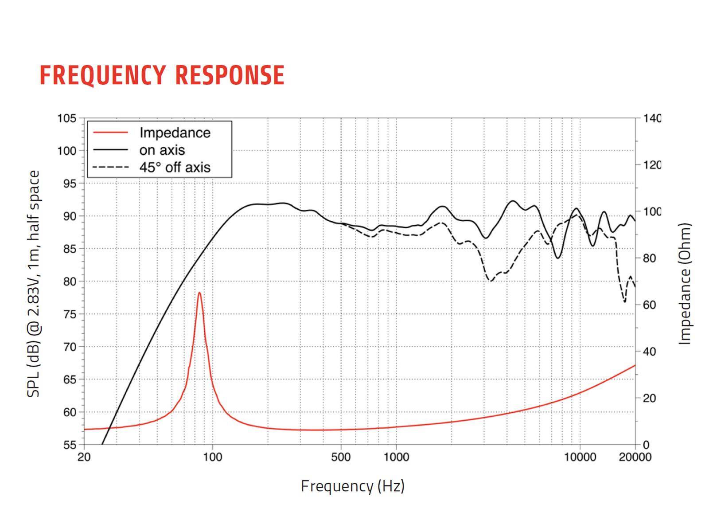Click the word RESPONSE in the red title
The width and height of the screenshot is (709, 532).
click(x=230, y=75)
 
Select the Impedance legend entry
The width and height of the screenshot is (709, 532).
click(x=175, y=133)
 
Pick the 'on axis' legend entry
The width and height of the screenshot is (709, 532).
click(x=162, y=150)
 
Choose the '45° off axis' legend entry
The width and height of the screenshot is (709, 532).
click(x=175, y=167)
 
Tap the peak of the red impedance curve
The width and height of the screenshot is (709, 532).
click(x=199, y=293)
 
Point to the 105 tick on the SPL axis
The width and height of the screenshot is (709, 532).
click(x=66, y=118)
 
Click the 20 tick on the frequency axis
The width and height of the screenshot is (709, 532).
click(x=84, y=457)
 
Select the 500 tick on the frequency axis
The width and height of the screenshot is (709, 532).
click(x=341, y=457)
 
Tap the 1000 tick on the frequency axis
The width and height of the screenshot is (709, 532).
click(x=396, y=457)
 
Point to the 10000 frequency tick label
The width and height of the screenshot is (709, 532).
click(x=580, y=457)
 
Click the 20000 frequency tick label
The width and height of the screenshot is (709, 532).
click(x=635, y=457)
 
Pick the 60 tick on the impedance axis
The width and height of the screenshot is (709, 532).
click(x=649, y=305)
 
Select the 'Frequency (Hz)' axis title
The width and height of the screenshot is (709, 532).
click(x=353, y=486)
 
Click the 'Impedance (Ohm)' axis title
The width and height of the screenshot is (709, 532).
click(x=685, y=284)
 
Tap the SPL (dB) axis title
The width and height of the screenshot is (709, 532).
click(x=34, y=284)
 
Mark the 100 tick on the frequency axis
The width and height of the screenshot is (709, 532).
click(x=213, y=457)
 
